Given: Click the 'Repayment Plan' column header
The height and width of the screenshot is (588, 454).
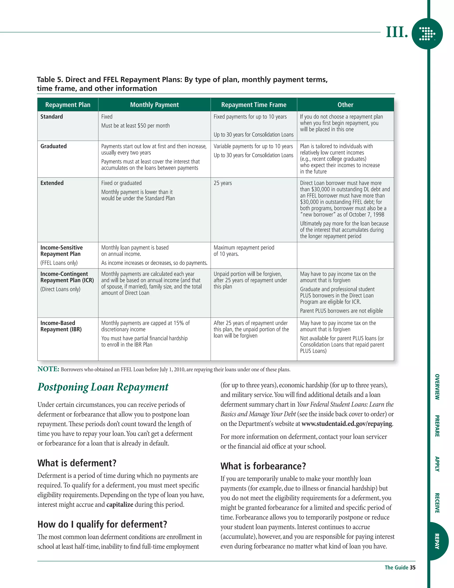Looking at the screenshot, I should pyautogui.click(x=68, y=105).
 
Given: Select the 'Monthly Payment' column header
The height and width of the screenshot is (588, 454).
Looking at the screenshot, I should pyautogui.click(x=154, y=105).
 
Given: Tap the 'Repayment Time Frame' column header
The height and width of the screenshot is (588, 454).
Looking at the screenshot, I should pyautogui.click(x=254, y=105).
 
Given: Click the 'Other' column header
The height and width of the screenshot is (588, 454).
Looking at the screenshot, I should pyautogui.click(x=345, y=105).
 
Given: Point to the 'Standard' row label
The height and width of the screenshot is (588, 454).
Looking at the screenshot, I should pyautogui.click(x=52, y=116).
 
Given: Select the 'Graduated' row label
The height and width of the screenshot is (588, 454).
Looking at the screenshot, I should pyautogui.click(x=53, y=146).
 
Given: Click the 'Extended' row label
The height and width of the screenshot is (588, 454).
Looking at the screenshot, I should pyautogui.click(x=52, y=183).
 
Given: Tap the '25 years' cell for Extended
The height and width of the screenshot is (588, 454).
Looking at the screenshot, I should pyautogui.click(x=223, y=183).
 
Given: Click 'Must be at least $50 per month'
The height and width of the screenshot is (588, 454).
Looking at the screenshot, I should pyautogui.click(x=135, y=126).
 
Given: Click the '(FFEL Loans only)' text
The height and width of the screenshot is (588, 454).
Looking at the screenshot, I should pyautogui.click(x=59, y=263).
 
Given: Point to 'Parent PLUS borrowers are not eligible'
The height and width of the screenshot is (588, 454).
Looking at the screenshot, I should pyautogui.click(x=341, y=311).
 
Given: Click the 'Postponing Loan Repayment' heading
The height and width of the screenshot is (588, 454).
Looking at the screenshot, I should pyautogui.click(x=103, y=387).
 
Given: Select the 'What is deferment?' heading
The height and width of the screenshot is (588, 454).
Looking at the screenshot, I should pyautogui.click(x=77, y=463).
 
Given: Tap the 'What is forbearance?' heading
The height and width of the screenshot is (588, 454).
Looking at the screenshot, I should pyautogui.click(x=263, y=466).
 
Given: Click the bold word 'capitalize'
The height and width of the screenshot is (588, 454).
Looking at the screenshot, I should pyautogui.click(x=120, y=505).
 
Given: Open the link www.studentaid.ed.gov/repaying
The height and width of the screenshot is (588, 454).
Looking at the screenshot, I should pyautogui.click(x=346, y=424).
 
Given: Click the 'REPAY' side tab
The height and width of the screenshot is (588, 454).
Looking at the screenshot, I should pyautogui.click(x=437, y=541).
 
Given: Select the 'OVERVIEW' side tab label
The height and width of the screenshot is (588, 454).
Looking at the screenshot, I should pyautogui.click(x=437, y=387).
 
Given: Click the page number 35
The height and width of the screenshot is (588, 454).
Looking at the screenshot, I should pyautogui.click(x=413, y=568).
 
